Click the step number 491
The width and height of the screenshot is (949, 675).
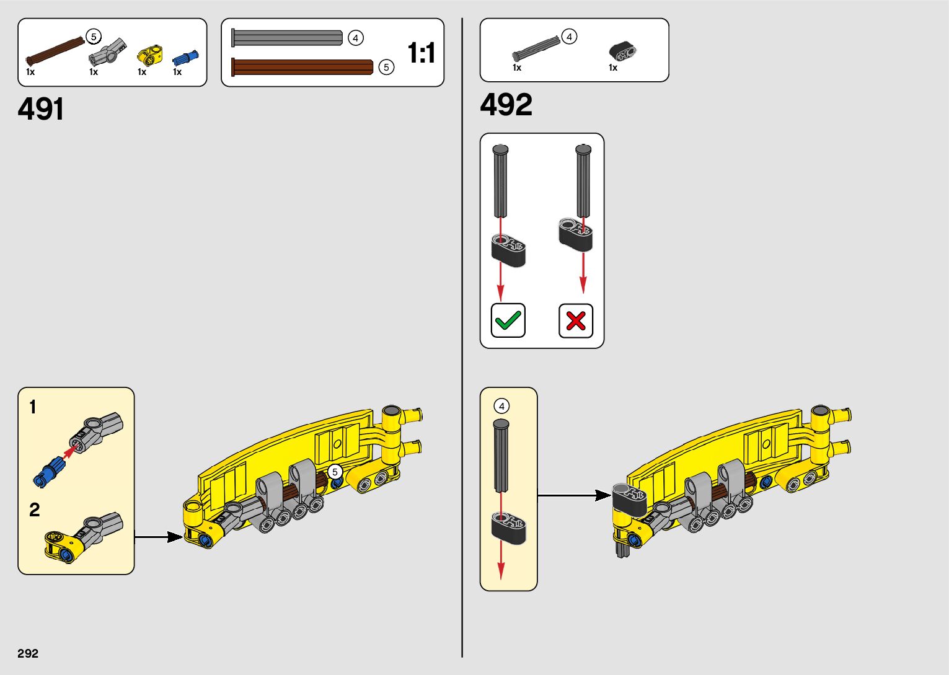[41, 110]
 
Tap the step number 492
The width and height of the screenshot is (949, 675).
[506, 105]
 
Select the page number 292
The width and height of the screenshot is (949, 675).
[28, 653]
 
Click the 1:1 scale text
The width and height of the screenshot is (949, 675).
[421, 53]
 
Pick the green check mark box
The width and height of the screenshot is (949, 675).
[508, 320]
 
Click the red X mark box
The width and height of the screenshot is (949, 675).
[576, 320]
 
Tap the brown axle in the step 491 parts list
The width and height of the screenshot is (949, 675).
[55, 51]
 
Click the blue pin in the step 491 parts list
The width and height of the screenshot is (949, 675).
[185, 57]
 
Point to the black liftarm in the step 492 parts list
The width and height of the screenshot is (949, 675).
[622, 50]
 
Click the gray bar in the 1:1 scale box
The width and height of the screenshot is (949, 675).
[287, 38]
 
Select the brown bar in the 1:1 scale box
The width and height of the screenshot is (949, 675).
[302, 67]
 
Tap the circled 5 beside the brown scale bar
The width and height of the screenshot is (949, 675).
[386, 67]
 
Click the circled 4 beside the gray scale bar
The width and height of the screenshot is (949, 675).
[355, 38]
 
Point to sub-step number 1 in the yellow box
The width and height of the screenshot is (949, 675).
[33, 407]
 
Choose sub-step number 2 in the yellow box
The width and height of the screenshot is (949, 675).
[34, 510]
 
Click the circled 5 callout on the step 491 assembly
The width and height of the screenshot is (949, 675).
[335, 472]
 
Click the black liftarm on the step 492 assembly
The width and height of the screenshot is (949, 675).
[630, 498]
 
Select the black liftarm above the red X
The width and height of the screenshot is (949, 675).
[575, 234]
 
